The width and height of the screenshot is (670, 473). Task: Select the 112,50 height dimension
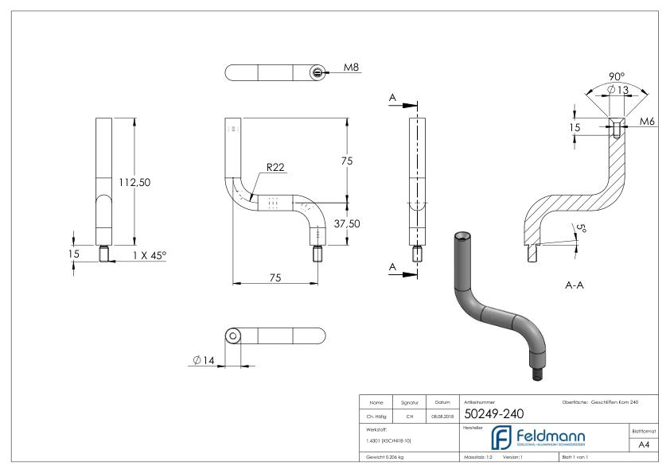click(x=135, y=182)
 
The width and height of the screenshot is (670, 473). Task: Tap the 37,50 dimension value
click(x=348, y=223)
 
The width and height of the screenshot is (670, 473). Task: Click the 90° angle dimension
click(x=616, y=77)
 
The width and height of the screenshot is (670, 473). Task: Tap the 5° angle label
click(x=582, y=230)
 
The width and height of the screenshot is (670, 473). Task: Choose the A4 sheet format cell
click(x=645, y=444)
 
